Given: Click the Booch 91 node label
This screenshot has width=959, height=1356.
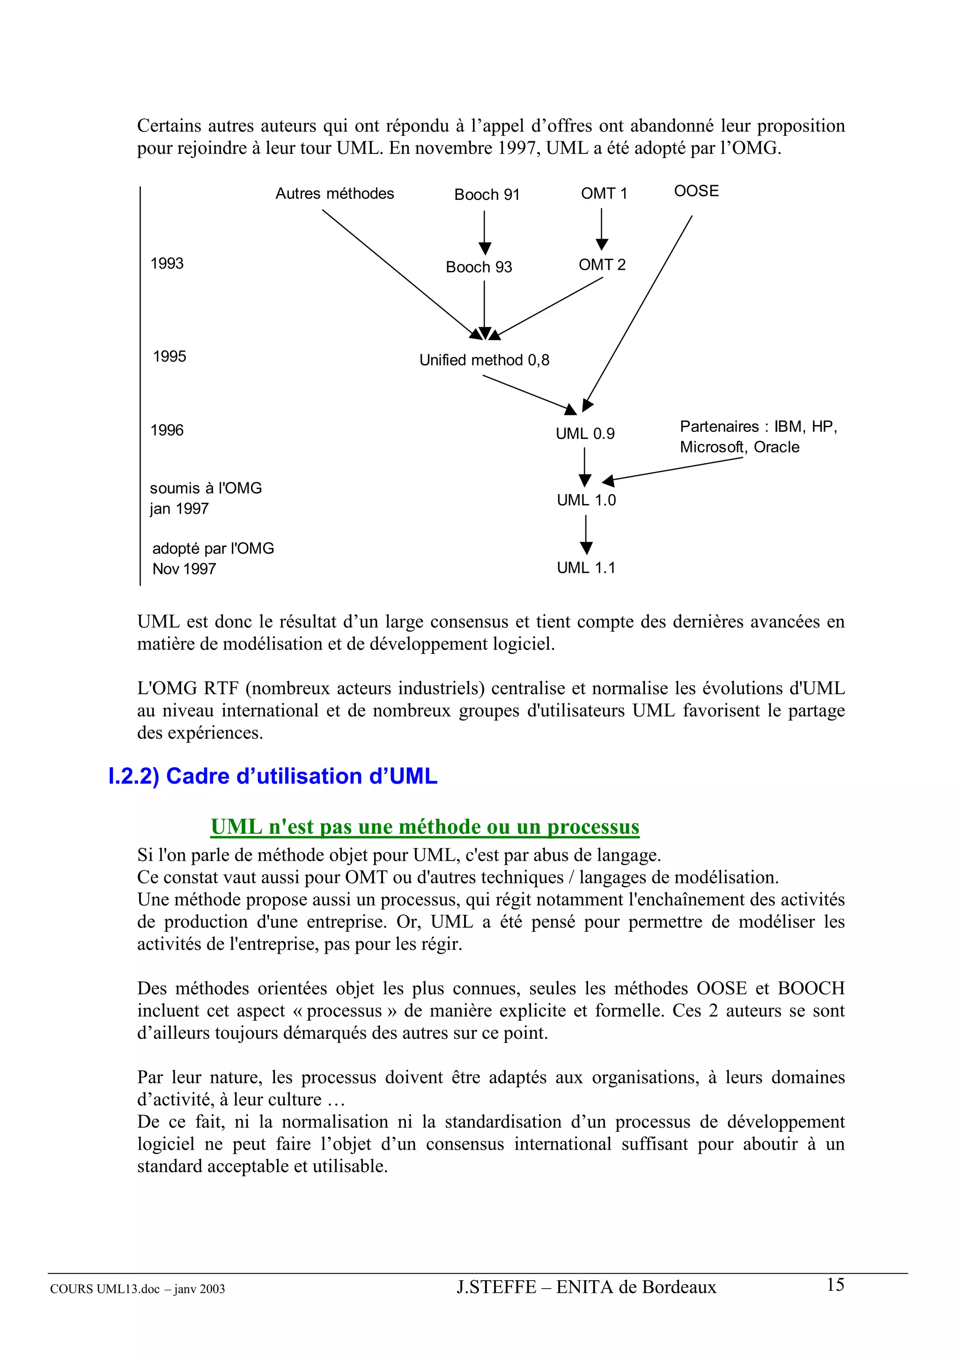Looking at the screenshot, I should tap(487, 195).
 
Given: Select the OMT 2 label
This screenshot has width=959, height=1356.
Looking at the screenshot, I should tap(602, 264).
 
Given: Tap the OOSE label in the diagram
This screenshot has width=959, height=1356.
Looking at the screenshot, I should tap(696, 191).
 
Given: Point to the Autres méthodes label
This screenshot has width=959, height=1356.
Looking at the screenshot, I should tap(334, 194).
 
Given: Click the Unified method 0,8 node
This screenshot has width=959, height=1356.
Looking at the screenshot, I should tap(484, 360).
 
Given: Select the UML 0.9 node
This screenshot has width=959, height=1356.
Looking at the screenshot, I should tap(585, 433).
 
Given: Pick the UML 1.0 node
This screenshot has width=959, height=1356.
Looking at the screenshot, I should tap(586, 500).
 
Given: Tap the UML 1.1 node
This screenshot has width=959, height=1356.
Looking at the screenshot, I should tap(586, 568).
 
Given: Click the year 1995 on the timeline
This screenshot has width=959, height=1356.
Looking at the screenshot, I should tap(170, 357).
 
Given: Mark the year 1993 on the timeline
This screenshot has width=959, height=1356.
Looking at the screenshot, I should tap(167, 263).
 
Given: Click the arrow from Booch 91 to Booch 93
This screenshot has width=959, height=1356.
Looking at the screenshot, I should tap(485, 232).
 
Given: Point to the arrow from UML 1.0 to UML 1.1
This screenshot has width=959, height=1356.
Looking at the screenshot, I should tap(586, 534).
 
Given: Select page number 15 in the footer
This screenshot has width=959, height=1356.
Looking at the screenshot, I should tap(835, 1284).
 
